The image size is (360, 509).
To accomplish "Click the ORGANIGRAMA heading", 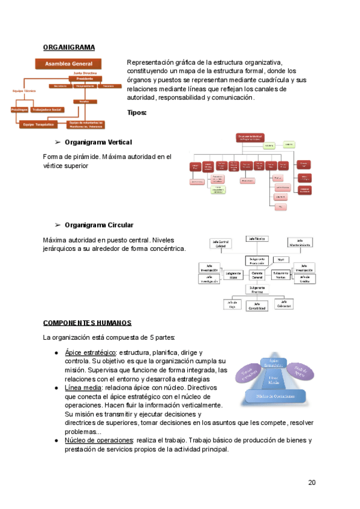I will click(x=69, y=47).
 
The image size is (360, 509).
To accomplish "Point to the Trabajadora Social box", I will click(x=47, y=110).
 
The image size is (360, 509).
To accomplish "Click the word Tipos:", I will click(x=137, y=112).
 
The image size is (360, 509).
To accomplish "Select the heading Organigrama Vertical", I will click(x=98, y=142).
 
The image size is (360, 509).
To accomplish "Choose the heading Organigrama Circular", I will click(x=98, y=225).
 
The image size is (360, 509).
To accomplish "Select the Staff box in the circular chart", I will click(x=280, y=259).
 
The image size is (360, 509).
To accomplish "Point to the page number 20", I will click(x=312, y=483).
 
